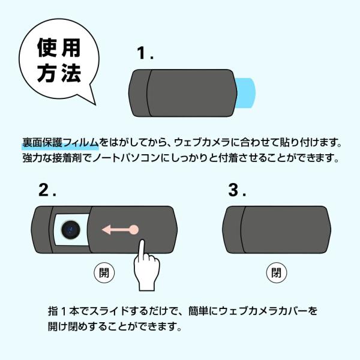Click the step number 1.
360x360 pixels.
[x=145, y=53]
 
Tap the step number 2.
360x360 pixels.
[x=47, y=190]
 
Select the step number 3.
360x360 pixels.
[x=237, y=190]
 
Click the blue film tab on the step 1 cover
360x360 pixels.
[x=245, y=93]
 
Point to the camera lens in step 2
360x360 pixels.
[x=71, y=230]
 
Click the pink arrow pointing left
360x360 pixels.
[x=120, y=230]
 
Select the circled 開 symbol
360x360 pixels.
[x=104, y=273]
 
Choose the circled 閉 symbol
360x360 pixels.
[x=277, y=273]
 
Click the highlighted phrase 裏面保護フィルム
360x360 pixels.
[x=61, y=143]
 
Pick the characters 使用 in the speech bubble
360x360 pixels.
[x=59, y=47]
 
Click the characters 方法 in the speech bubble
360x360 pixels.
[x=59, y=73]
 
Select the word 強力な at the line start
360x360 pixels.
[x=37, y=158]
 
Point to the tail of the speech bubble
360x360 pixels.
[x=95, y=104]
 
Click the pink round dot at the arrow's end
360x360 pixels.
[x=134, y=230]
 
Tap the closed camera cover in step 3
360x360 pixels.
[x=277, y=230]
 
